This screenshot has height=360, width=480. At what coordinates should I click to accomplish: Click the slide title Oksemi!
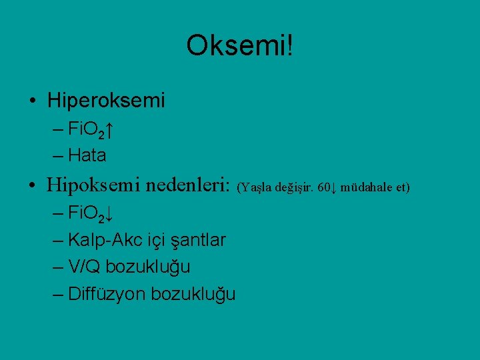pos(239,46)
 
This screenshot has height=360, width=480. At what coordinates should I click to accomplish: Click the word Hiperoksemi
pos(106,101)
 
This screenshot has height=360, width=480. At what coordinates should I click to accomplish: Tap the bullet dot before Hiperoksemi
pos(33,101)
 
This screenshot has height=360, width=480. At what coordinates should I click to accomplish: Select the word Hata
pos(87,156)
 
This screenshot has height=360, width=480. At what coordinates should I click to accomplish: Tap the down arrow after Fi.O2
pos(109,215)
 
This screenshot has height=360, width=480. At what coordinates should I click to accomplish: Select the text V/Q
pos(84,267)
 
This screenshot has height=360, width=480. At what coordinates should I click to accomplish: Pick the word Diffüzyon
pos(107,294)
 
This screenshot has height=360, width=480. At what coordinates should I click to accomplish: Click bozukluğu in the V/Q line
pos(147,267)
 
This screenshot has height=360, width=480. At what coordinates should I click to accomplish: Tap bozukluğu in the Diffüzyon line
pos(193,294)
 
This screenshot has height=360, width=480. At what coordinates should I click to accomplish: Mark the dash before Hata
pos(57,156)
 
